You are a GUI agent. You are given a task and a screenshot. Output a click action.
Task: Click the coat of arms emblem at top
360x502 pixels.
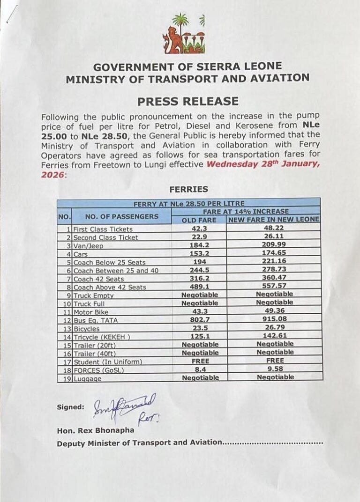point(183,35)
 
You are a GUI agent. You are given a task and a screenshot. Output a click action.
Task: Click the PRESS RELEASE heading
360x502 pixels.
point(187,101)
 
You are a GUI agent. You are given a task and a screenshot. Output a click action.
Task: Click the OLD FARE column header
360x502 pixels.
point(199,220)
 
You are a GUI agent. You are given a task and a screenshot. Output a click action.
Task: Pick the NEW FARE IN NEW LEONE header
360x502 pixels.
point(274,220)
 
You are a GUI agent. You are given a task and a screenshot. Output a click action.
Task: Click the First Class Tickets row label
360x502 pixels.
point(103,229)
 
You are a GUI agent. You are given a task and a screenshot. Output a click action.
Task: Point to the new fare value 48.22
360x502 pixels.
point(274,229)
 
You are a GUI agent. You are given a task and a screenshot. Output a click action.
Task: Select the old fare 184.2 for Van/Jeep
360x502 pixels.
point(199,245)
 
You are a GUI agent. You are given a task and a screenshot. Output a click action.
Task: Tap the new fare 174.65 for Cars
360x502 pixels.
point(274,254)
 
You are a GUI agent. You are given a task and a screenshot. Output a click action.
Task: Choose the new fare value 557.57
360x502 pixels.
point(274,287)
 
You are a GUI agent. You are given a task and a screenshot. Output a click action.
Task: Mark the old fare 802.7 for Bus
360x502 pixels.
point(199,320)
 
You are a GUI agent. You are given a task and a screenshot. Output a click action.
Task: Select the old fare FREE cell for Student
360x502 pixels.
point(199,361)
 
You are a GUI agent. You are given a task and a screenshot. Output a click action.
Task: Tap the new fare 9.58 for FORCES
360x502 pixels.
point(274,369)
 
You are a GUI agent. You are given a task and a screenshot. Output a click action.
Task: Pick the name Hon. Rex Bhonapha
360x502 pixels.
point(96,430)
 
